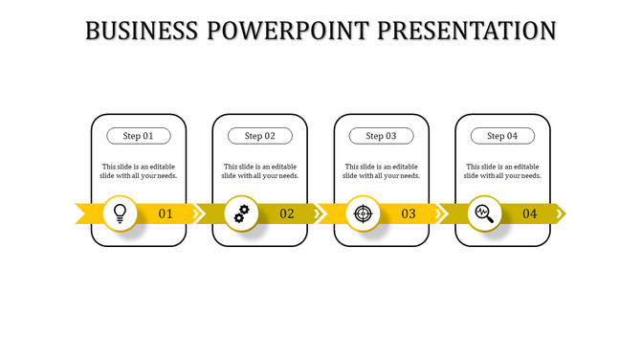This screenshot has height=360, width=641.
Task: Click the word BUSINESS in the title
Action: (142, 31)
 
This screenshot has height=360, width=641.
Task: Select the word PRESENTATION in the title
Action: (468, 31)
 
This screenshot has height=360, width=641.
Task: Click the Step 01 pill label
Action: (139, 136)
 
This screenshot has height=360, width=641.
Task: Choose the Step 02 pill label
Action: (260, 136)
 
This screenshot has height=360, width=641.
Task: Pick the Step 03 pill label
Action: (381, 136)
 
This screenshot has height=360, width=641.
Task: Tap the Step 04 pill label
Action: (502, 136)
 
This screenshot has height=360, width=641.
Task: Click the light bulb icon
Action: (120, 213)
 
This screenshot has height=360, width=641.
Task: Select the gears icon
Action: (241, 213)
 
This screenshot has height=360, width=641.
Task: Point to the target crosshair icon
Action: (362, 213)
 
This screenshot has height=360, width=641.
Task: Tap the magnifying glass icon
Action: (483, 213)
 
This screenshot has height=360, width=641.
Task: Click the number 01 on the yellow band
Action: (166, 214)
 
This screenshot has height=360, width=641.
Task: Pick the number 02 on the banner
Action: (287, 214)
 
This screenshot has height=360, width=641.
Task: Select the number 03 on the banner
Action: (409, 214)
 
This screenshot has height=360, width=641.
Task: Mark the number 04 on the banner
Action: (529, 214)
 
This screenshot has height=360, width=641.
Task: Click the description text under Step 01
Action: (139, 170)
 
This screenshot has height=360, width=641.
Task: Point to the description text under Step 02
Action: (260, 170)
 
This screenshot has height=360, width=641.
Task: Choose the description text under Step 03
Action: (381, 170)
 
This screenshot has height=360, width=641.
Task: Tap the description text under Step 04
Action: (502, 170)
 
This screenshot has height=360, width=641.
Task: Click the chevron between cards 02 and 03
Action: (321, 213)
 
